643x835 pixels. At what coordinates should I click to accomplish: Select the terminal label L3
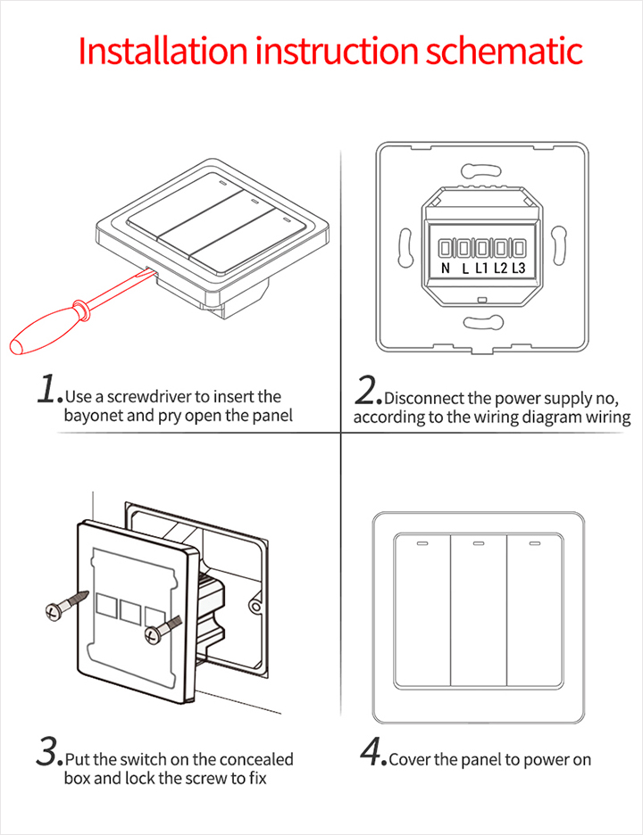(x=517, y=268)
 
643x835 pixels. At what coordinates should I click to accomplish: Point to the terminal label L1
(x=481, y=268)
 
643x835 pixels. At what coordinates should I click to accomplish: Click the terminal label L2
(x=500, y=268)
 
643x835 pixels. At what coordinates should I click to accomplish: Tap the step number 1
(x=48, y=390)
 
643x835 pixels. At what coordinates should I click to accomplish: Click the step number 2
(x=368, y=391)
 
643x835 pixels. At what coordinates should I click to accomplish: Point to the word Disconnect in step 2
(x=425, y=399)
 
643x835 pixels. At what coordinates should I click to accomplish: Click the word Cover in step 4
(x=410, y=760)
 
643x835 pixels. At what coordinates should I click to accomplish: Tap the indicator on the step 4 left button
(x=421, y=542)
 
